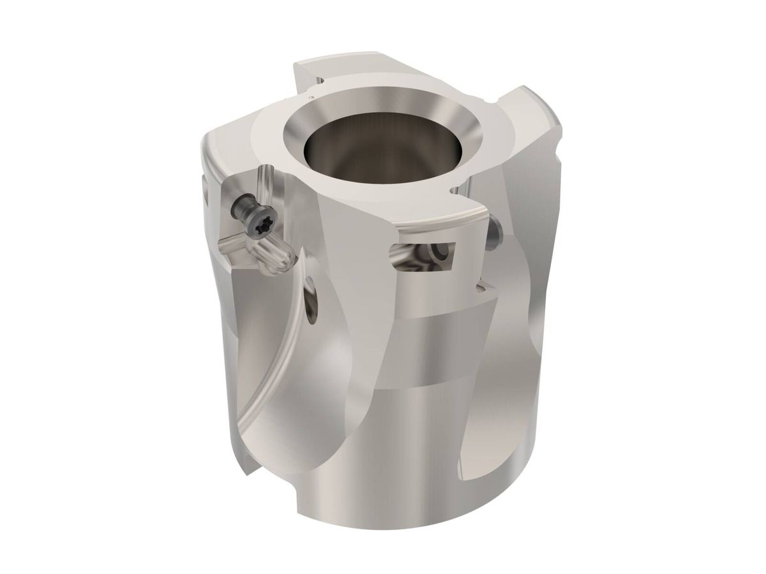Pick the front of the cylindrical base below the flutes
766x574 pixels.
click(396, 472)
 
